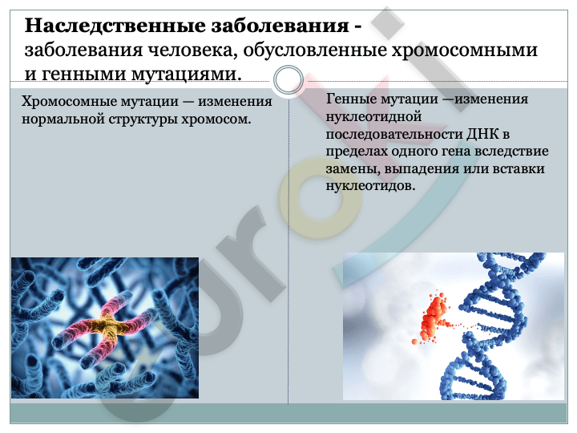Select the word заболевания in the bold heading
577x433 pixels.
(x=280, y=26)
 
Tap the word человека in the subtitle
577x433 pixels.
(x=191, y=50)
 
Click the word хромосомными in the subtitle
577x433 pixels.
(x=464, y=51)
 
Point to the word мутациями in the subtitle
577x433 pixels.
(x=186, y=74)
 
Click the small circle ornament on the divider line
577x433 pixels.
(x=288, y=80)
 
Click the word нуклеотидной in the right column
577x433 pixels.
(x=374, y=117)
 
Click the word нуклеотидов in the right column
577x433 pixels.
(x=370, y=186)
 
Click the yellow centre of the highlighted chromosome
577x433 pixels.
(x=107, y=326)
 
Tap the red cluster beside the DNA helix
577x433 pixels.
(x=434, y=318)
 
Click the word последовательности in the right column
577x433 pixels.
(x=394, y=135)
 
